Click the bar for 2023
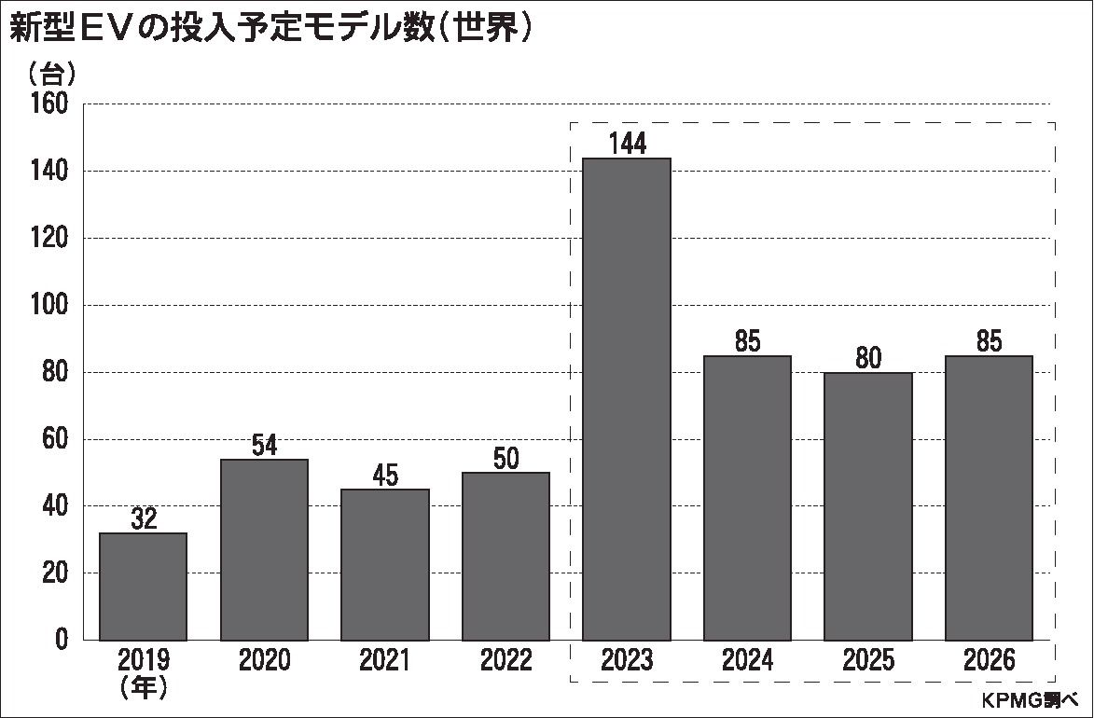[x=626, y=399]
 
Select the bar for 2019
[x=143, y=587]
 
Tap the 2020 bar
[x=264, y=550]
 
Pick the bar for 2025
[x=867, y=506]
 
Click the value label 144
[x=626, y=144]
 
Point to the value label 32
[x=143, y=519]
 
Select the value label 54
[x=264, y=446]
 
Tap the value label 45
[x=384, y=476]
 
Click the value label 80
[x=867, y=359]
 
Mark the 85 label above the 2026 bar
[x=989, y=342]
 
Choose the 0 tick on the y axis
[x=62, y=640]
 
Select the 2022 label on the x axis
[x=505, y=661]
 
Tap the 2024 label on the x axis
[x=747, y=661]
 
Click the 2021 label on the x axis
[x=384, y=661]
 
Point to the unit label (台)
[x=51, y=73]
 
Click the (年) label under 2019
[x=143, y=688]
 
